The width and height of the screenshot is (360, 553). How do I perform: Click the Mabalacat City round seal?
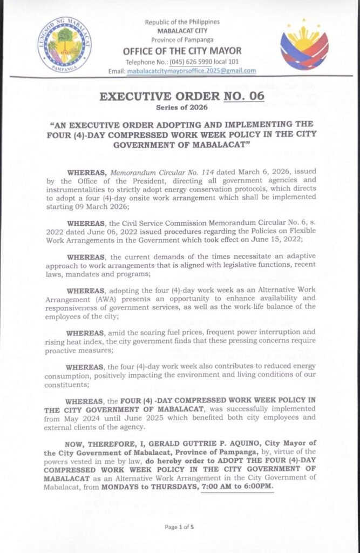pyautogui.click(x=64, y=45)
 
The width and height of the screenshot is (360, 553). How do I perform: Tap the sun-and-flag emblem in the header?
pyautogui.click(x=304, y=44)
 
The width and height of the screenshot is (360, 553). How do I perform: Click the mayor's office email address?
pyautogui.click(x=191, y=71)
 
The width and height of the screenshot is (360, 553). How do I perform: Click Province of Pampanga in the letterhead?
pyautogui.click(x=182, y=39)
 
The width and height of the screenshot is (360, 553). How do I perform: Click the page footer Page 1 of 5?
pyautogui.click(x=180, y=527)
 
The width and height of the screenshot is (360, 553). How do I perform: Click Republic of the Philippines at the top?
pyautogui.click(x=182, y=22)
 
